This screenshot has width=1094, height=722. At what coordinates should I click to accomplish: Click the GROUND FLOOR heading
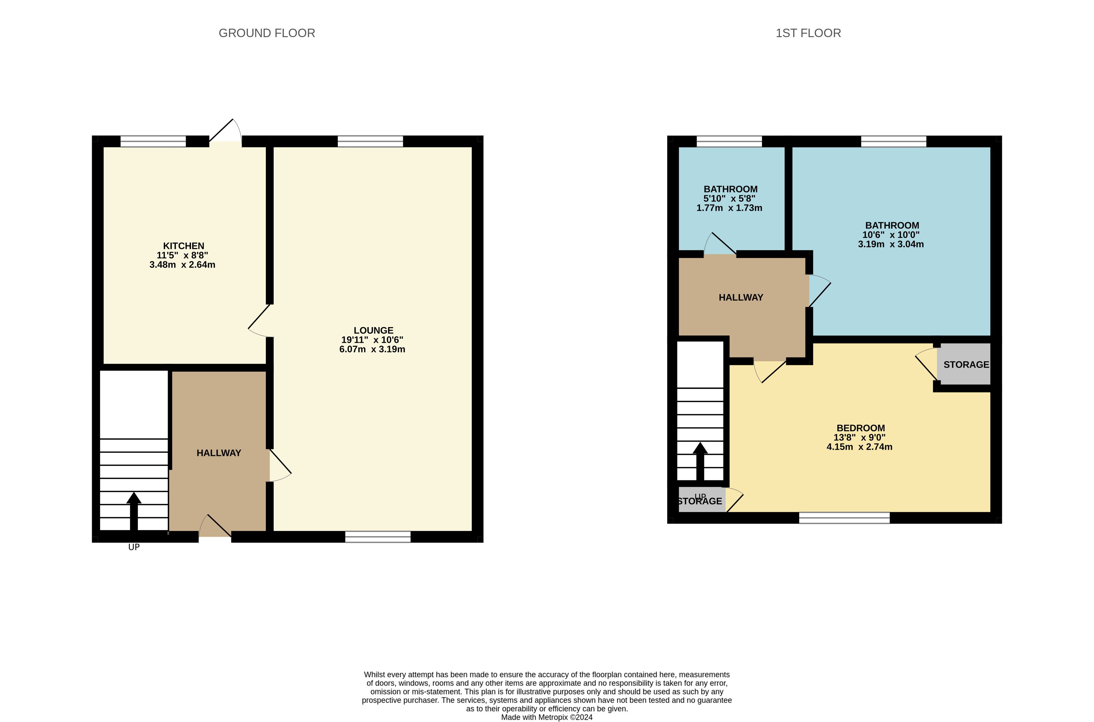click(267, 33)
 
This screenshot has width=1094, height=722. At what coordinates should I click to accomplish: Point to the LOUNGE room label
click(373, 330)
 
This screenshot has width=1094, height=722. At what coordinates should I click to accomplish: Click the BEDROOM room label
click(861, 428)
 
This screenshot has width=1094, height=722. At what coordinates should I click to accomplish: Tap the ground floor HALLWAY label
click(219, 453)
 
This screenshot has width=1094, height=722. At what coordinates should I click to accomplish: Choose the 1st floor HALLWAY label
click(741, 298)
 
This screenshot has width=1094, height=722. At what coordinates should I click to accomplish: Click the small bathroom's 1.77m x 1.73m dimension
click(729, 208)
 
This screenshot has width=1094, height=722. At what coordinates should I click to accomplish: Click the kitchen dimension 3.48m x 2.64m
click(182, 265)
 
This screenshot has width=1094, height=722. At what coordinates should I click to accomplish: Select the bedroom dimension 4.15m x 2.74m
click(859, 447)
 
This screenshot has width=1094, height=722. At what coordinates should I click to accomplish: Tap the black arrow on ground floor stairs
click(134, 511)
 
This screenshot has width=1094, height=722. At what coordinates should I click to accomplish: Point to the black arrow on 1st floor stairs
click(700, 461)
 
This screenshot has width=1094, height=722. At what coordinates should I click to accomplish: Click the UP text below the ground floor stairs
click(134, 547)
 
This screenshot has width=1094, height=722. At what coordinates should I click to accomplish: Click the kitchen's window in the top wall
click(153, 141)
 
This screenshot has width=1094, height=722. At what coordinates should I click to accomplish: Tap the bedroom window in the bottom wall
click(844, 518)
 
